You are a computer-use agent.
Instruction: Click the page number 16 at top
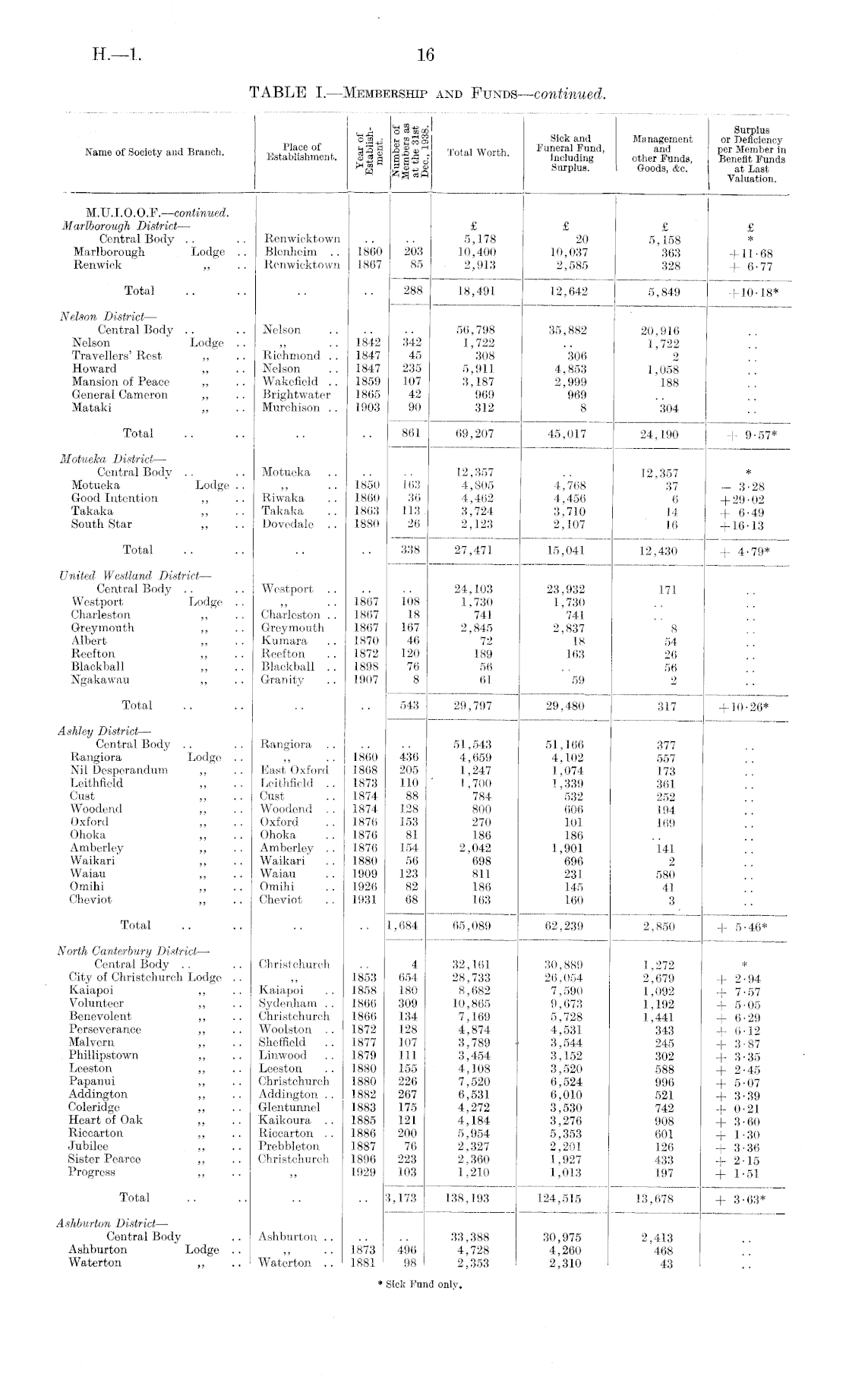click(x=425, y=55)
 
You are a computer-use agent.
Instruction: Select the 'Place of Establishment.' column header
click(x=301, y=152)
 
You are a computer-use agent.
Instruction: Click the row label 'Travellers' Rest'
click(x=116, y=355)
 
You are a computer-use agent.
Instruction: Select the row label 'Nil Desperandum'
click(x=118, y=770)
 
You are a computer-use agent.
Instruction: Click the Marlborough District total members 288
click(x=410, y=290)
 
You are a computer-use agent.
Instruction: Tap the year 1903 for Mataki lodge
click(x=368, y=407)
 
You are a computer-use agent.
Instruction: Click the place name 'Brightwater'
click(x=297, y=394)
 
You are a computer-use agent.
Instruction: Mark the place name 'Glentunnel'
click(x=290, y=1107)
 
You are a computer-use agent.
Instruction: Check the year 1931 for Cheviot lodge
click(x=368, y=899)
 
